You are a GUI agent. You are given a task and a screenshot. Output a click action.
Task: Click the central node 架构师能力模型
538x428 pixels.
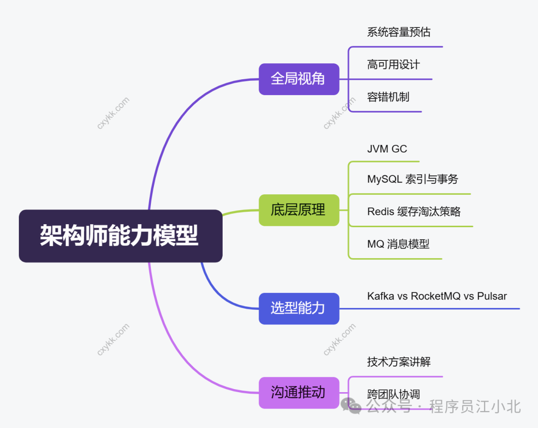pyautogui.click(x=120, y=236)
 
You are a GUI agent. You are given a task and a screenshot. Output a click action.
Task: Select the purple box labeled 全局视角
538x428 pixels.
pyautogui.click(x=298, y=79)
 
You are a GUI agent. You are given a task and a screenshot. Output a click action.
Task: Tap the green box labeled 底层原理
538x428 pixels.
pyautogui.click(x=298, y=210)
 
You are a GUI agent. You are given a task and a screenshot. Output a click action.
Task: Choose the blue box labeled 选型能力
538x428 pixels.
pyautogui.click(x=298, y=308)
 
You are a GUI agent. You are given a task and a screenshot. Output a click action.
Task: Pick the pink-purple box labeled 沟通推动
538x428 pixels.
pyautogui.click(x=298, y=393)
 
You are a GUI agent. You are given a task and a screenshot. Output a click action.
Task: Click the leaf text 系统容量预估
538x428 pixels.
pyautogui.click(x=399, y=32)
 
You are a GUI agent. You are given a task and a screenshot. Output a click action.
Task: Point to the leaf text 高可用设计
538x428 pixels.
pyautogui.click(x=393, y=65)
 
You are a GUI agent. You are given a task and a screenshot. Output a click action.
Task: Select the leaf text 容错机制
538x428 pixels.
pyautogui.click(x=388, y=97)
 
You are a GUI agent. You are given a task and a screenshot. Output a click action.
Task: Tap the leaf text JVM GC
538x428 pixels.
pyautogui.click(x=387, y=149)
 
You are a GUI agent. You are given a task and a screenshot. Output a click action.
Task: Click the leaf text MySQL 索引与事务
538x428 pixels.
pyautogui.click(x=412, y=179)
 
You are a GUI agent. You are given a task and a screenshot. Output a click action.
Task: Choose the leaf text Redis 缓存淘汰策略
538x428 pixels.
pyautogui.click(x=413, y=212)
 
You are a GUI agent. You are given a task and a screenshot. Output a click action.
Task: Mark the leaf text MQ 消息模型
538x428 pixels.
pyautogui.click(x=398, y=244)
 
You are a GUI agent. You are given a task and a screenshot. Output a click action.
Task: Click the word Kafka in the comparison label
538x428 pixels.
pyautogui.click(x=381, y=296)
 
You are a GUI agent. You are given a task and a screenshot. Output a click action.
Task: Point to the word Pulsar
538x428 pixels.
pyautogui.click(x=492, y=296)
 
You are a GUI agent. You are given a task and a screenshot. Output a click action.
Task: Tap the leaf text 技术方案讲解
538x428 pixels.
pyautogui.click(x=399, y=362)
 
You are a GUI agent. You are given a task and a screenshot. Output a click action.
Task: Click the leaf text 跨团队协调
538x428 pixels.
pyautogui.click(x=394, y=394)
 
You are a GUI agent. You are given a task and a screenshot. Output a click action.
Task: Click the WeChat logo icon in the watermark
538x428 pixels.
pyautogui.click(x=351, y=406)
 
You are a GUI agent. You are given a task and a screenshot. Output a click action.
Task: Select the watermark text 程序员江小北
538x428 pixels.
pyautogui.click(x=475, y=407)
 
